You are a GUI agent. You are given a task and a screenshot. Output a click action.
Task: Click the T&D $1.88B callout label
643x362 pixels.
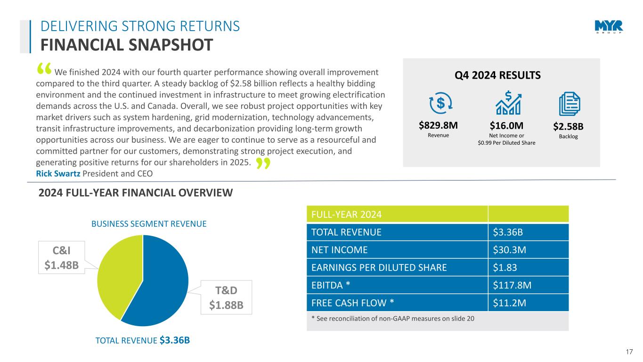coord(226,296)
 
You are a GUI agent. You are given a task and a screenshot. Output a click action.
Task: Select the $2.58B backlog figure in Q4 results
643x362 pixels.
coord(569,126)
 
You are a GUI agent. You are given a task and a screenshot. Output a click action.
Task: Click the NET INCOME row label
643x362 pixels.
coord(339,250)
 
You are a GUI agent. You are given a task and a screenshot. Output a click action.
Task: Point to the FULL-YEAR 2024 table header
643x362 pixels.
coord(346,214)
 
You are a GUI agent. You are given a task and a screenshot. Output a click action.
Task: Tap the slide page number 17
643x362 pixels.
coord(630,351)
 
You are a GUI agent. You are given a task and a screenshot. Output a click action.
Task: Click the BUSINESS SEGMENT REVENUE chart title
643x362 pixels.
coord(149,224)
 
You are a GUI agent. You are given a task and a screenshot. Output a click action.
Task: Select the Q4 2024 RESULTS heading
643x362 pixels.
coord(501,75)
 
